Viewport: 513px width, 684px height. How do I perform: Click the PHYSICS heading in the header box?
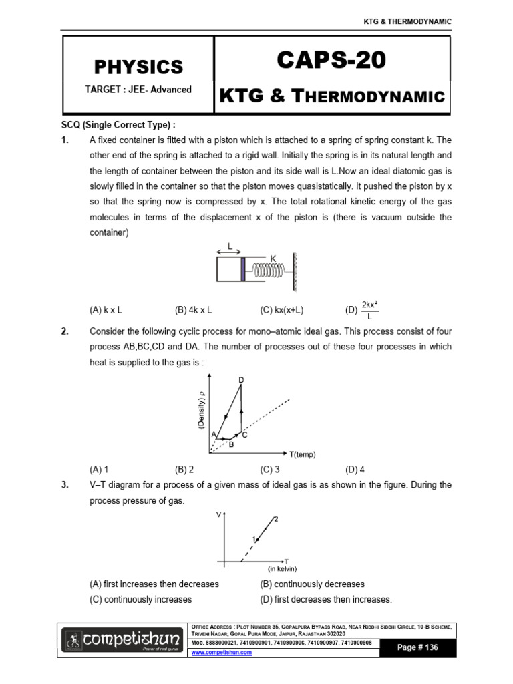click(138, 67)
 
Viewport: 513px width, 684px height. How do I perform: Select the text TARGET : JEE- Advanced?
click(138, 90)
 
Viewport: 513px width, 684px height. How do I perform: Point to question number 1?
click(66, 140)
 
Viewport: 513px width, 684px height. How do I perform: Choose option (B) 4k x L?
click(193, 310)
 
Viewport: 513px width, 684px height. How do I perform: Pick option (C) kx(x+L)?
click(282, 310)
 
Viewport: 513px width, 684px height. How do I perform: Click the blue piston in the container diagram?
click(244, 269)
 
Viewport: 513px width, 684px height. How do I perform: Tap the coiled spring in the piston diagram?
click(268, 269)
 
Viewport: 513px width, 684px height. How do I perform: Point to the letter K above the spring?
click(273, 257)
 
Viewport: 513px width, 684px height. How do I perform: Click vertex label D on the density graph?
click(241, 380)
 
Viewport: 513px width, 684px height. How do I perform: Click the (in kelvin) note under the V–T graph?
click(282, 569)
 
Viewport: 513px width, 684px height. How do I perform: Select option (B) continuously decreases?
click(312, 584)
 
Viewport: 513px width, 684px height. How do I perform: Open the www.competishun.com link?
click(222, 653)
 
